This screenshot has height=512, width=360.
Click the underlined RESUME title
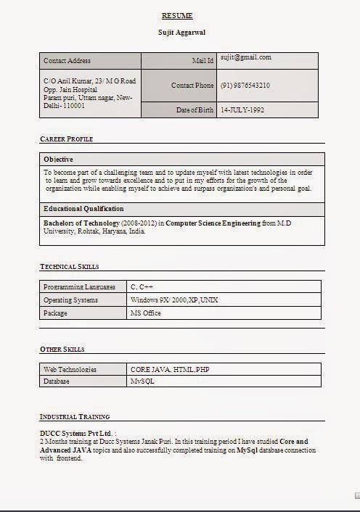coord(177,16)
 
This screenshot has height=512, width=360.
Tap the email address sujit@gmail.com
coord(246,57)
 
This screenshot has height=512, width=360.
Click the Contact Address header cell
coord(67,61)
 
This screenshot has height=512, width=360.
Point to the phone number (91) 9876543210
coord(245,86)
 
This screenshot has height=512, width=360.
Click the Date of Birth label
coord(195,110)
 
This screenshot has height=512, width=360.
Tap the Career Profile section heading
coord(66,139)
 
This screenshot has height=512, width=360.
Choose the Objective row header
coord(58,159)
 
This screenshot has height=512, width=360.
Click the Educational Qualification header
coord(83,209)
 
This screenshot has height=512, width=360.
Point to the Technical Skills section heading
coord(69,267)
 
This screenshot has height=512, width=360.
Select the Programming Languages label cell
coord(79,287)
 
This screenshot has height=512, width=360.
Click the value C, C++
coord(142,287)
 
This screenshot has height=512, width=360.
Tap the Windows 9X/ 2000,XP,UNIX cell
coord(174,300)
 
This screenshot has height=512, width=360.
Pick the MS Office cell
coord(145,313)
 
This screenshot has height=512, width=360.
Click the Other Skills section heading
coord(62,350)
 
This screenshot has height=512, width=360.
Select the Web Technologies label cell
coord(70,370)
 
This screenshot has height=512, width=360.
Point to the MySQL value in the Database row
coord(142,381)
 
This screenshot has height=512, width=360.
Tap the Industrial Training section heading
coord(75,417)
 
